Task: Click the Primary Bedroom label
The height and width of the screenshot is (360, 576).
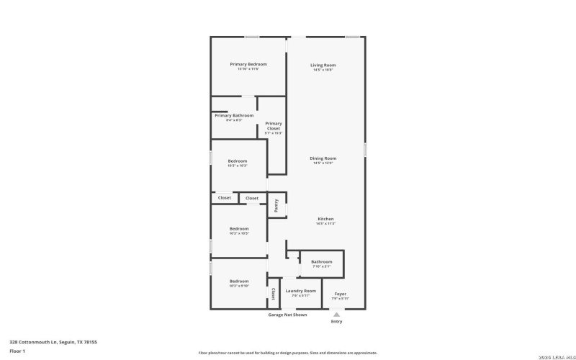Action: tap(244, 64)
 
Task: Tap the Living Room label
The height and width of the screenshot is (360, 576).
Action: tap(324, 65)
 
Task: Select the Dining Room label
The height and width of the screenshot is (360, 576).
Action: tap(324, 158)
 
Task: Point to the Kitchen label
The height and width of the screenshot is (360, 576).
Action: tap(325, 219)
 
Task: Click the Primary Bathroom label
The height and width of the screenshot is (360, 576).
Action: tap(234, 115)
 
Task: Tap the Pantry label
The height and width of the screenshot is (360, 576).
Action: tap(276, 205)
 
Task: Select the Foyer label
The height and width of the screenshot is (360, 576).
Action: tap(340, 294)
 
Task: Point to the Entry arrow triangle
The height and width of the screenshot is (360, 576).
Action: tap(336, 314)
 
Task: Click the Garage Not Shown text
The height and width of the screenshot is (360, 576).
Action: tap(287, 315)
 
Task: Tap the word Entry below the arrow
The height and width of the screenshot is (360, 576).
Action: tap(336, 321)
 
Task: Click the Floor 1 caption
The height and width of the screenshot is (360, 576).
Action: tap(17, 351)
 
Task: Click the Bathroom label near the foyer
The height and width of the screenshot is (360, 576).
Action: tap(321, 261)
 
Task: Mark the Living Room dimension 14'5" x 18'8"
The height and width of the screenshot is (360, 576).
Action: tap(324, 70)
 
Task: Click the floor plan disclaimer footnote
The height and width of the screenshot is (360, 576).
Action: tap(287, 353)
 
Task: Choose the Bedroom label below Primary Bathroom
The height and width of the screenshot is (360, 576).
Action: tap(238, 161)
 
